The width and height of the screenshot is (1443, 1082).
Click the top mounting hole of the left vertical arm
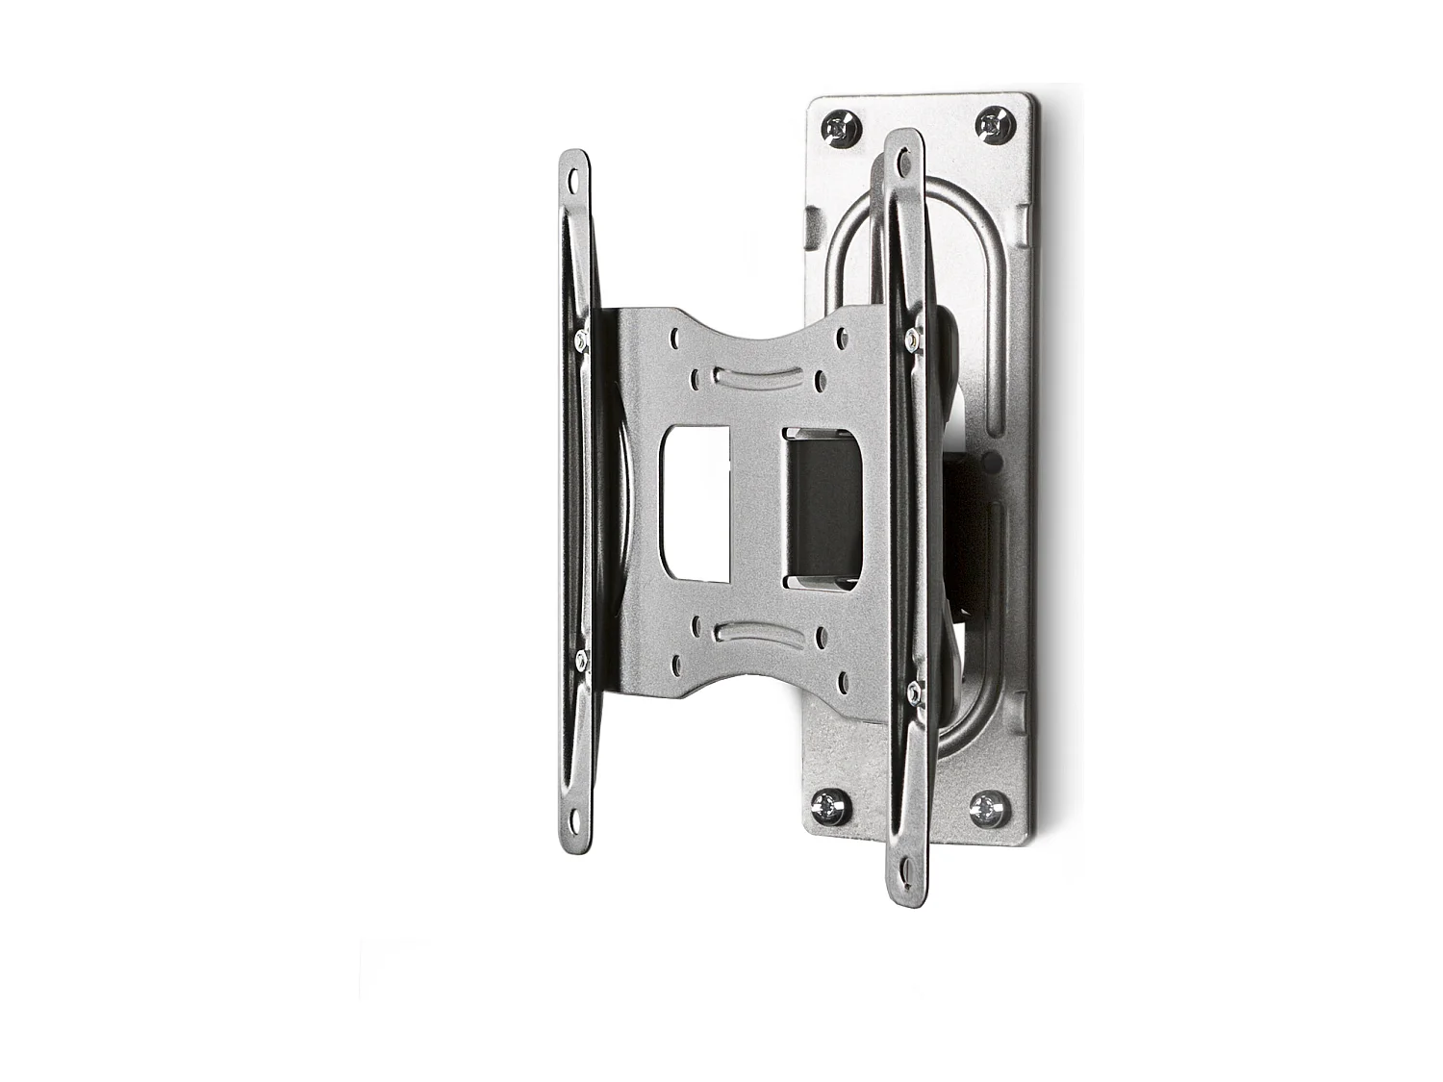(x=574, y=179)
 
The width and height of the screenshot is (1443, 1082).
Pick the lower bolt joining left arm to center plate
(x=581, y=660)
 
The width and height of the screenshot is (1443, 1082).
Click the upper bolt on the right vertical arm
(x=911, y=337)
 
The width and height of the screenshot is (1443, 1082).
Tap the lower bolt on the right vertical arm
(x=913, y=689)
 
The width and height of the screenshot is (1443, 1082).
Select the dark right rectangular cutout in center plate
(x=823, y=507)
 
